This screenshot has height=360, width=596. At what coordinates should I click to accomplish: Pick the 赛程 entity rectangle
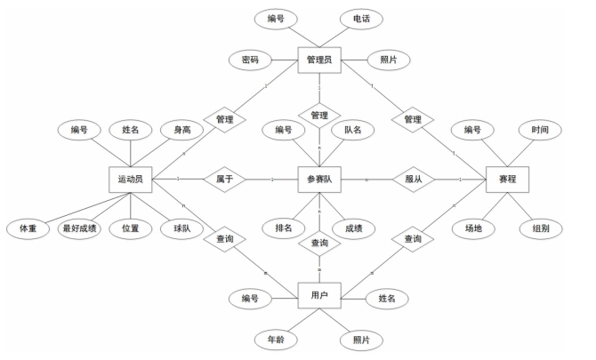pyautogui.click(x=508, y=179)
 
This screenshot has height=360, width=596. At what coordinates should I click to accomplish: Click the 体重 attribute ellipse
pyautogui.click(x=27, y=228)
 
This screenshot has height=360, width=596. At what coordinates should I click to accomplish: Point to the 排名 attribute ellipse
pyautogui.click(x=284, y=228)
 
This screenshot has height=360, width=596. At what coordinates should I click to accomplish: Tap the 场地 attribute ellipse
pyautogui.click(x=473, y=228)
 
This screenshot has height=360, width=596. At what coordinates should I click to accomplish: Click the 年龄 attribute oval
pyautogui.click(x=284, y=339)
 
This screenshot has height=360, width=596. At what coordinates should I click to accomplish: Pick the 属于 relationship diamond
pyautogui.click(x=223, y=179)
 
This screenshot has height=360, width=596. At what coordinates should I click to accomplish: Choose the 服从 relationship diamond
pyautogui.click(x=412, y=179)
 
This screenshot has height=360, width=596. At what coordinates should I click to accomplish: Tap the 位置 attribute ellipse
pyautogui.click(x=131, y=228)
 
